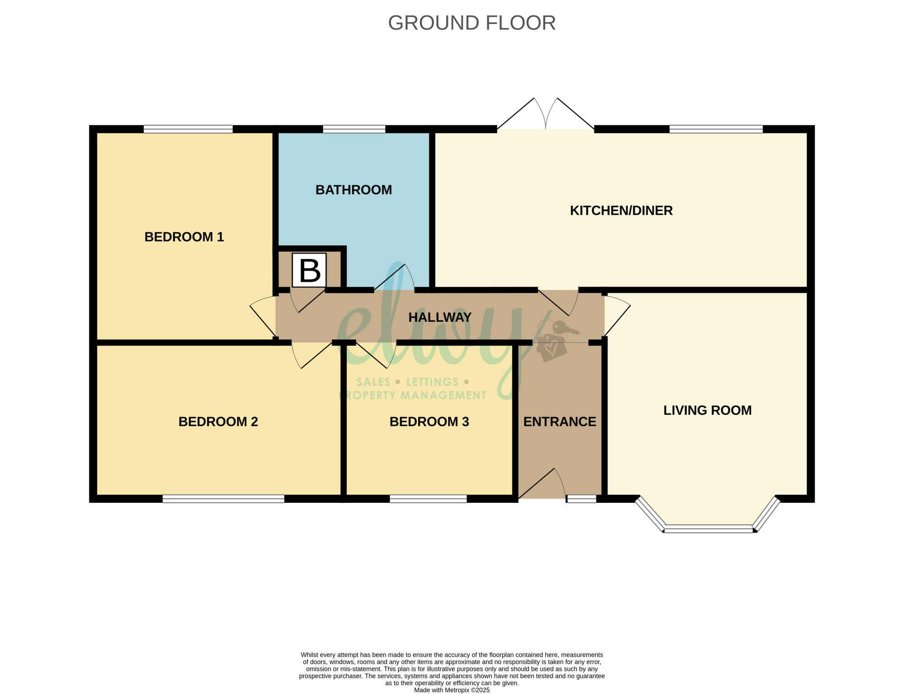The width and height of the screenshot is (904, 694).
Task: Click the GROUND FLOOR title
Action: (x=472, y=23)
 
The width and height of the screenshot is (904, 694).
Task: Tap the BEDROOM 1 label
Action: (x=184, y=237)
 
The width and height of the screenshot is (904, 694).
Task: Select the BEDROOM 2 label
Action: (x=218, y=422)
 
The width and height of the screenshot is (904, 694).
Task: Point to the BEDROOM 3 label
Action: (x=429, y=422)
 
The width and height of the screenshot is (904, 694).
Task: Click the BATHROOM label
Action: (x=353, y=190)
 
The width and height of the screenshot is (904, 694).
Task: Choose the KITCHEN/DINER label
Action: (x=621, y=211)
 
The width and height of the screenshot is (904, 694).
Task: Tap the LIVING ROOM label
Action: (x=707, y=410)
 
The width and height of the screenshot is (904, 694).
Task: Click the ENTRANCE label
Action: (x=560, y=422)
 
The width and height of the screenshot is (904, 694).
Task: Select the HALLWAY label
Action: (x=440, y=317)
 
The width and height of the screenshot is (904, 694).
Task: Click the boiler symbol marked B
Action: (x=310, y=270)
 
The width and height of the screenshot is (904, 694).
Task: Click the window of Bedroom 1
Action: (x=188, y=129)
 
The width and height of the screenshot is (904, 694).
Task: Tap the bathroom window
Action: (x=354, y=129)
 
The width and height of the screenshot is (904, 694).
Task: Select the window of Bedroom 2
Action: (x=223, y=499)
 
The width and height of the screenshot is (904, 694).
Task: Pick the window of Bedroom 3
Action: (x=428, y=499)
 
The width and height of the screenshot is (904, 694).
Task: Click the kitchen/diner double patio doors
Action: (x=546, y=114)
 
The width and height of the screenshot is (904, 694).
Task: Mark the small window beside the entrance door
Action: (x=581, y=499)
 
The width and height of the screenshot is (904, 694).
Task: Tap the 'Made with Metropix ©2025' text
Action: (x=452, y=690)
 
